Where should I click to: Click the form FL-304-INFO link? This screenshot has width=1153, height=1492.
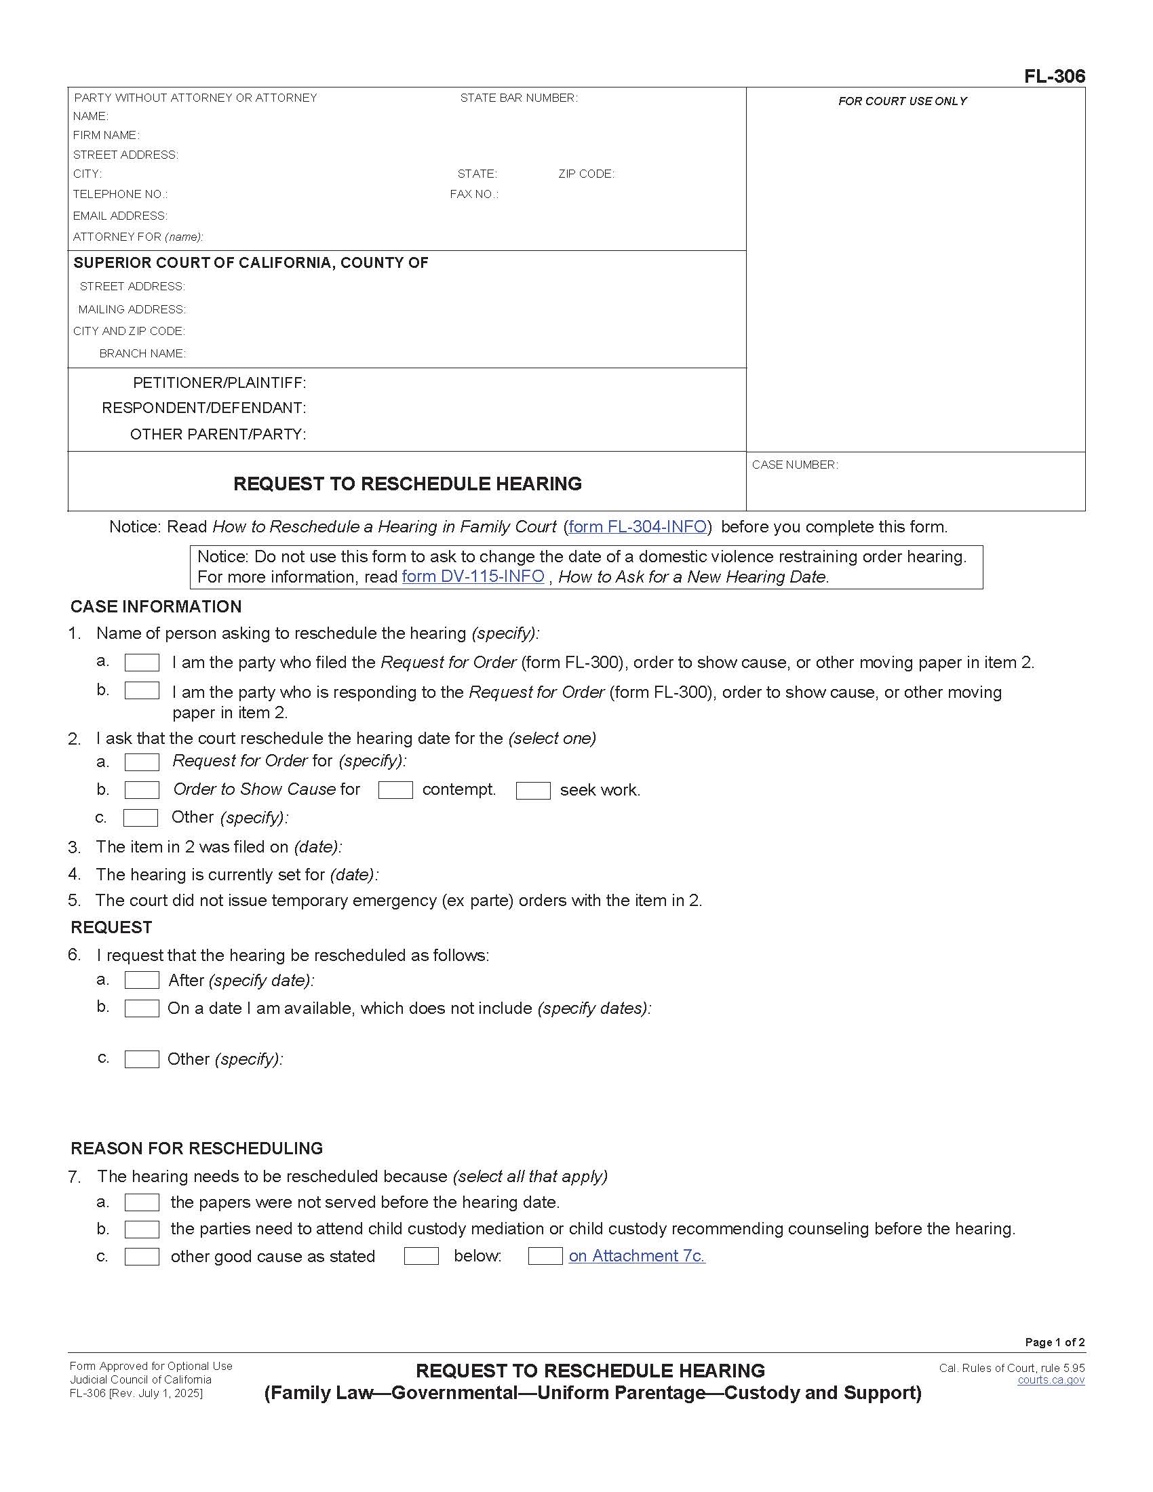[x=637, y=527]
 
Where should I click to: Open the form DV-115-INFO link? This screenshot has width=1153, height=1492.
[x=473, y=576]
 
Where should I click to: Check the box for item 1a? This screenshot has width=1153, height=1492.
[x=142, y=663]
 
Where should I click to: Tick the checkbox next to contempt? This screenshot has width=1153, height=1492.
[x=395, y=790]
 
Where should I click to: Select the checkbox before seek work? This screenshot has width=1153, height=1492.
[x=533, y=791]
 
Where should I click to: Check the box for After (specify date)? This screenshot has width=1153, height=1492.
[x=142, y=981]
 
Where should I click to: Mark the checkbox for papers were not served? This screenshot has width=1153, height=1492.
[x=142, y=1202]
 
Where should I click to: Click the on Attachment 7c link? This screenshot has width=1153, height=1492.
[x=637, y=1255]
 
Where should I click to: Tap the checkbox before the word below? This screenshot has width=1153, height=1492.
[x=421, y=1255]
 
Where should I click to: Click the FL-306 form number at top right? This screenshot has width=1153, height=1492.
[x=1054, y=77]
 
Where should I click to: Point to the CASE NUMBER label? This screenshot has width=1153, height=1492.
[x=794, y=465]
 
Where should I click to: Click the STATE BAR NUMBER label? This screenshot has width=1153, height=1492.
[x=518, y=98]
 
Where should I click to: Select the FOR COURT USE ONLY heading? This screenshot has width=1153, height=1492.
[x=902, y=102]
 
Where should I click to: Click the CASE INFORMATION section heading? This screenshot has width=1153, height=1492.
[x=156, y=607]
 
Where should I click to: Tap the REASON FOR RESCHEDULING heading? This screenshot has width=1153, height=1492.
[x=197, y=1148]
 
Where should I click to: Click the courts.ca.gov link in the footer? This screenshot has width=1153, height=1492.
[x=1051, y=1380]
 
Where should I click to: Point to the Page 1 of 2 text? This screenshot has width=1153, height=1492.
[x=1055, y=1342]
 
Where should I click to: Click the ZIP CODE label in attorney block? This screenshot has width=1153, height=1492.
[x=586, y=174]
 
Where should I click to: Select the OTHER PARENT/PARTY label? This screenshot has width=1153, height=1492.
[x=218, y=435]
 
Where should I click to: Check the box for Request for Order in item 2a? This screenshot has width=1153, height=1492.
[x=142, y=762]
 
